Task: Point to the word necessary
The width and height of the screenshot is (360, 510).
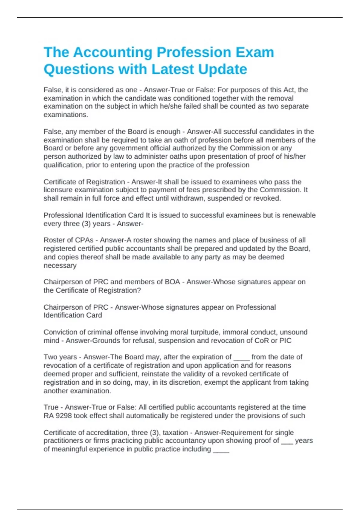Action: tap(60, 265)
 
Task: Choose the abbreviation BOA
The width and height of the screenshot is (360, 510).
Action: tap(172, 282)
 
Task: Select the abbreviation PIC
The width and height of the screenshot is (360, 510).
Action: tap(285, 340)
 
